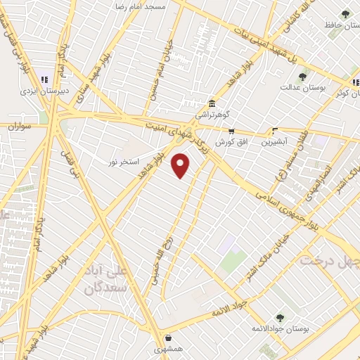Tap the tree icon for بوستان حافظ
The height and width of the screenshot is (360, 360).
[345, 14]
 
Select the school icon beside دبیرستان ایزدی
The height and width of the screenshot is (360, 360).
[44, 80]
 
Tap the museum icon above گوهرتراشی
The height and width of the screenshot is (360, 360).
[212, 103]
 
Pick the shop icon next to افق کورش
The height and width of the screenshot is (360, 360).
[231, 131]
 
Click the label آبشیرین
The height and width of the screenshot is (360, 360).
[275, 141]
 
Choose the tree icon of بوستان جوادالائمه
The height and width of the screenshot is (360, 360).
[280, 318]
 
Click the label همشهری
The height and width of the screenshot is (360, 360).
[169, 349]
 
